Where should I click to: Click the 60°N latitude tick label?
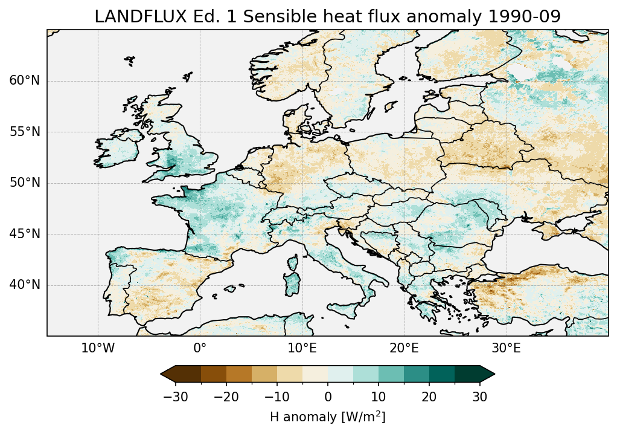point(24,81)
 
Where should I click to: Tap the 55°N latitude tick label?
point(24,132)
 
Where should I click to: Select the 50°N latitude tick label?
point(24,183)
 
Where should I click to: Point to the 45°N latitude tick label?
point(24,234)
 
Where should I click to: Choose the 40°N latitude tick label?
point(24,285)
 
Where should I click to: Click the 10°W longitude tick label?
point(98,348)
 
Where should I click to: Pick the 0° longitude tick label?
point(200,348)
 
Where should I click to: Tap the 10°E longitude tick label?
point(302,348)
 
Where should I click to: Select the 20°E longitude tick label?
point(404,348)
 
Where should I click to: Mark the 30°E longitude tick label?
point(506,348)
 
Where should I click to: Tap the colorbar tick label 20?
point(429,397)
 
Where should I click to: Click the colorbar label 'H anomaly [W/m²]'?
point(327,417)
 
